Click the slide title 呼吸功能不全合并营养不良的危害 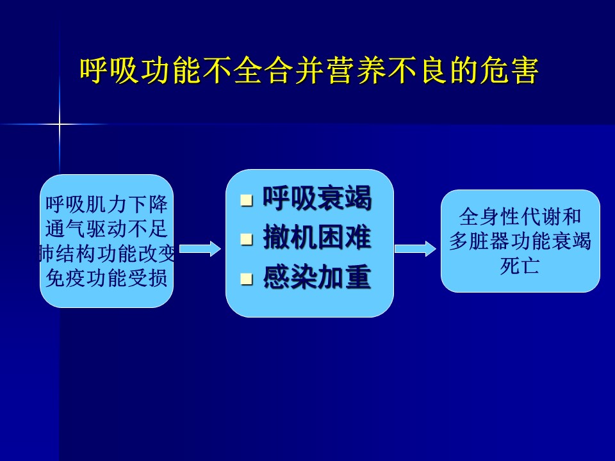click(309, 70)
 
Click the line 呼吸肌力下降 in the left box click(107, 204)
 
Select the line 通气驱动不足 click(107, 229)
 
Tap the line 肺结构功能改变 click(107, 254)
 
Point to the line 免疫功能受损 click(107, 279)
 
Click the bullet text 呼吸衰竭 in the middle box click(317, 198)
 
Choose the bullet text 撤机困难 click(317, 238)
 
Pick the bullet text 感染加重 click(317, 277)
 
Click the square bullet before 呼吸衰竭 click(246, 200)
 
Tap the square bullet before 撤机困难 click(246, 239)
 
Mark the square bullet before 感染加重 click(246, 279)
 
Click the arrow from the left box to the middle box click(200, 249)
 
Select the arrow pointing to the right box click(415, 249)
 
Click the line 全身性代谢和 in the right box click(520, 216)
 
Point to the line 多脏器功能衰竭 click(520, 241)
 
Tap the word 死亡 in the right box click(520, 266)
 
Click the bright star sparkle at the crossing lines click(60, 125)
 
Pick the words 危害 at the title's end click(508, 70)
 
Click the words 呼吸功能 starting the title click(140, 70)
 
